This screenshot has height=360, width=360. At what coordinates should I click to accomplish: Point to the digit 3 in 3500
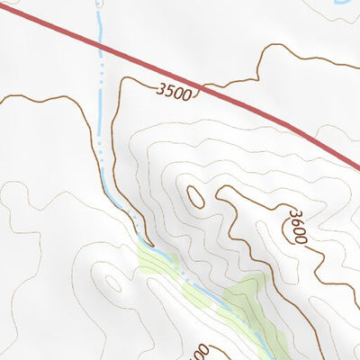159,87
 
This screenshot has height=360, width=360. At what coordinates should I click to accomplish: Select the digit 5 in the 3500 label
167,90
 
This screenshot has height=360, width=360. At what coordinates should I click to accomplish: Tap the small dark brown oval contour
194,195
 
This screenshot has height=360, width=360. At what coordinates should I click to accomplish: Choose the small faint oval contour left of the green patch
112,283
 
